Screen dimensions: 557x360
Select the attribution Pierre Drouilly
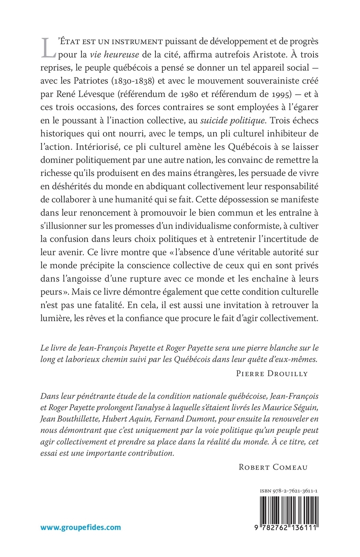pos(272,373)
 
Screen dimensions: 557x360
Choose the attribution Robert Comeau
pos(273,467)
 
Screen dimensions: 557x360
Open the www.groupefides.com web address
pos(81,527)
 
